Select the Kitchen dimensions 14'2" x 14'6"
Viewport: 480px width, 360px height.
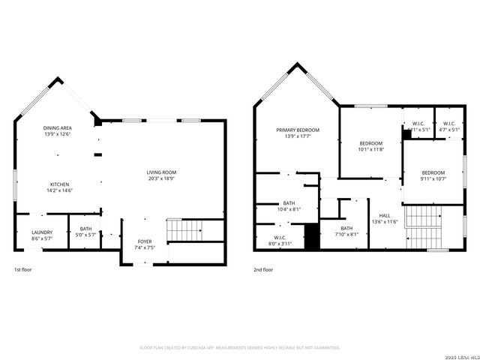tap(61, 190)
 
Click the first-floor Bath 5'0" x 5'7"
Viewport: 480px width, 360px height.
tap(86, 232)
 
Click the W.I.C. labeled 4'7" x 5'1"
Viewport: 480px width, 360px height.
tap(448, 126)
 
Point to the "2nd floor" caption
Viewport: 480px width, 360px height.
tap(262, 269)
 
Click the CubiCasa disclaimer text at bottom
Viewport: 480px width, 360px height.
tap(240, 347)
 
